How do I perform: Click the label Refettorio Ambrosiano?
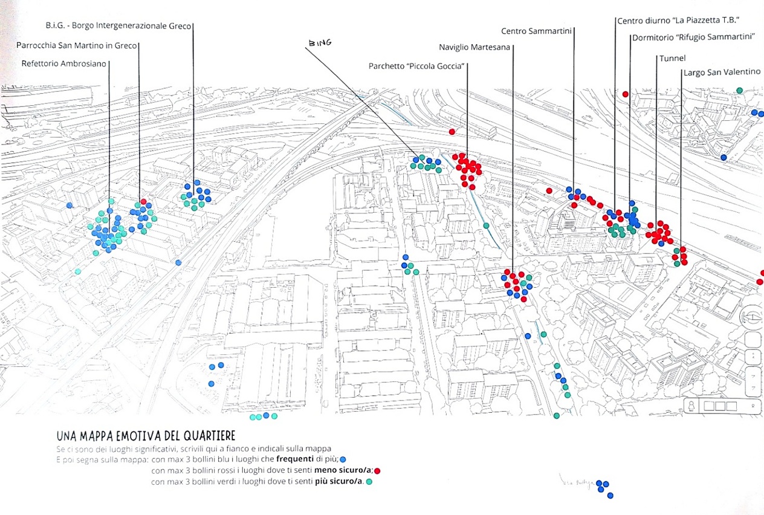63,63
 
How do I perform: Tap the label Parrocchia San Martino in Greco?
77,45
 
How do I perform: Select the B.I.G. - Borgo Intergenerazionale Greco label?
118,26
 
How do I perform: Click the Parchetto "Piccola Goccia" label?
416,66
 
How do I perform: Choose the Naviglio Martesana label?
474,48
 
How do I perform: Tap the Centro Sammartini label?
536,31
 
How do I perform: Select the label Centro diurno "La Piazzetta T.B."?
678,21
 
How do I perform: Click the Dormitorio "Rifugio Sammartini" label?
693,37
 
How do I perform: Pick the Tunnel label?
673,58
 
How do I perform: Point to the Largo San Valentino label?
722,72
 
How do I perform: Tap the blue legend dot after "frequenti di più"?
343,459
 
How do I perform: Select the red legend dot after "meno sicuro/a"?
377,470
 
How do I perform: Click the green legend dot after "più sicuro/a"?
368,482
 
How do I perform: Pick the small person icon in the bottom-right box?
691,406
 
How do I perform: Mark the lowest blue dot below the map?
610,496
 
